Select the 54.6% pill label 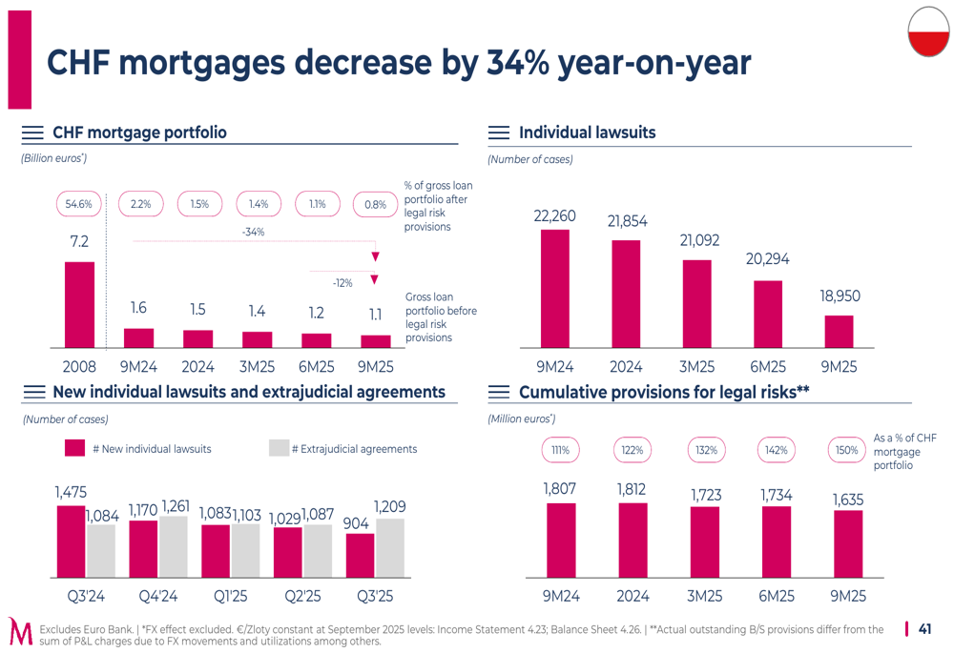pos(79,204)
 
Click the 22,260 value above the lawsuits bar pos(554,216)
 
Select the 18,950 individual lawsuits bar pos(839,331)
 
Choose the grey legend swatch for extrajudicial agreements pos(279,448)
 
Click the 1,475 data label pos(71,492)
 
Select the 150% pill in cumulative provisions pos(846,450)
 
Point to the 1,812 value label pos(631,489)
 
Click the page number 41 pos(924,629)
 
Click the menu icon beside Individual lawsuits pos(498,133)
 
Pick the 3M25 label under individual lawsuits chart pos(697,367)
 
